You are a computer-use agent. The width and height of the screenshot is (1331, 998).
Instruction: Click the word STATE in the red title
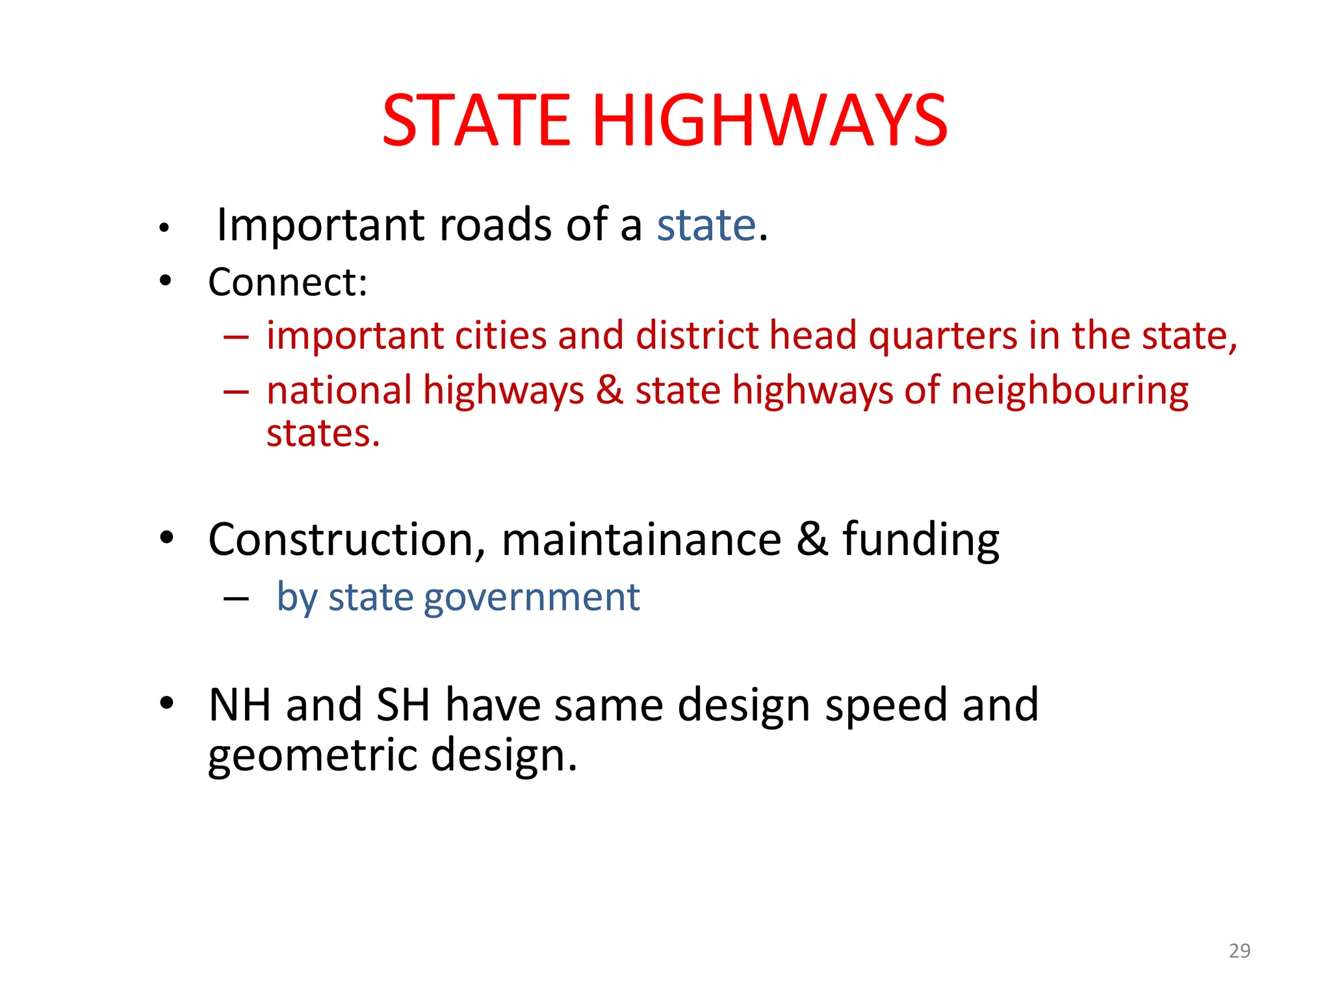click(x=476, y=120)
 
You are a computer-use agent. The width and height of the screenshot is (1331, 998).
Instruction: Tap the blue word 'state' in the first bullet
click(x=706, y=225)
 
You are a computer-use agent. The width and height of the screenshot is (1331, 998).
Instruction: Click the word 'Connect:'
click(x=288, y=283)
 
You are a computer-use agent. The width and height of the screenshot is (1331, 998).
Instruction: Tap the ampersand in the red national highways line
click(x=610, y=390)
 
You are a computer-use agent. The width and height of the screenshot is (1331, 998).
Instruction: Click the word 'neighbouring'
click(x=1070, y=392)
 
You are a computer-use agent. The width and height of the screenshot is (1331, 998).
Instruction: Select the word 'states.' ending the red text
click(x=323, y=433)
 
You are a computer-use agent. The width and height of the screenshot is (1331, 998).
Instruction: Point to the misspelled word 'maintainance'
click(x=641, y=540)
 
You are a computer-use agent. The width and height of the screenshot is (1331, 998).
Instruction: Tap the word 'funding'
click(x=921, y=541)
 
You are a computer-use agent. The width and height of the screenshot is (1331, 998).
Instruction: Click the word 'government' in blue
click(x=532, y=597)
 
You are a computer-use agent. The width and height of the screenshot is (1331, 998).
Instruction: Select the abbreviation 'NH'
click(x=239, y=705)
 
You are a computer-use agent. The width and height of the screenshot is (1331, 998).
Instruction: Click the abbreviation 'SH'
click(x=403, y=705)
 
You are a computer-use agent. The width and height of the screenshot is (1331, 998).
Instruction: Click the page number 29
click(x=1239, y=951)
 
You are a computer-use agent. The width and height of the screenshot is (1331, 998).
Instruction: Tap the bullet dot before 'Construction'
click(x=167, y=537)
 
